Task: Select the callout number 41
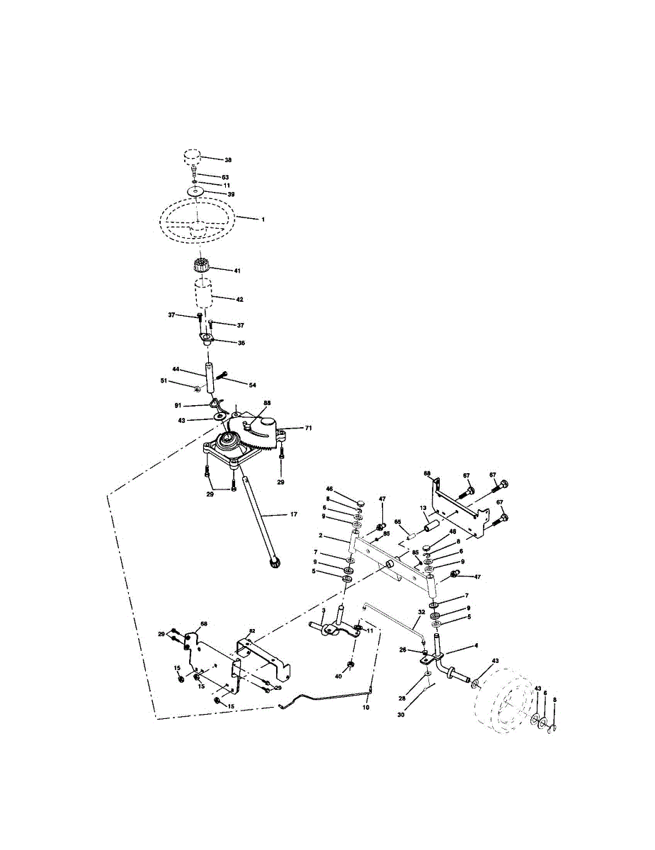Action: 237,270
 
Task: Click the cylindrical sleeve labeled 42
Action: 204,293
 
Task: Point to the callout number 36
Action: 241,343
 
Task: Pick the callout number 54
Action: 252,384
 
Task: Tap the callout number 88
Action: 268,403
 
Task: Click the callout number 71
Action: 308,429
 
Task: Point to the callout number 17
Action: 292,515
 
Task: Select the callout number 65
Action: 398,521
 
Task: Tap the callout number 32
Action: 421,611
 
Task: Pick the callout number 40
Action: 339,677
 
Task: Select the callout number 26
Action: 402,649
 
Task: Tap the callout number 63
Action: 225,176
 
